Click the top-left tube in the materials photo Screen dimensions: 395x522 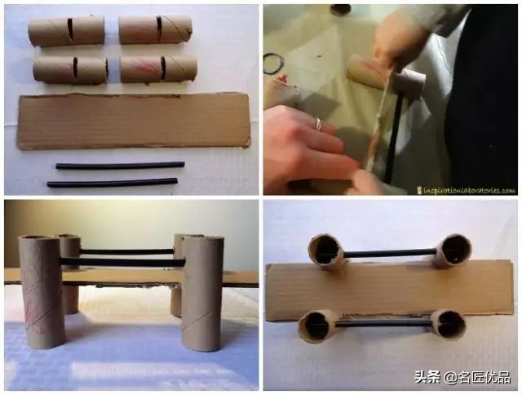(66, 31)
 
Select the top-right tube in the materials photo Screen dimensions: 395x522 (155, 29)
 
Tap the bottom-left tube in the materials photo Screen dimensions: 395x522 (70, 69)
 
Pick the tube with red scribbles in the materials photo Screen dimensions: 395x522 (158, 69)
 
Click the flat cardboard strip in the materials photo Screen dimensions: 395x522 (134, 120)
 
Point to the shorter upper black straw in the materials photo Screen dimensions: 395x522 (119, 166)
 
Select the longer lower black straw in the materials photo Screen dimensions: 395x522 (112, 183)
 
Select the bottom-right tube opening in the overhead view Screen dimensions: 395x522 (447, 324)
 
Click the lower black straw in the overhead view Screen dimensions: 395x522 (383, 324)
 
